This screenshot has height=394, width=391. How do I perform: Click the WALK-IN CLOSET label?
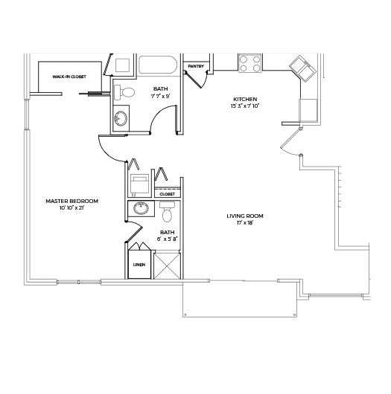[x=69, y=77]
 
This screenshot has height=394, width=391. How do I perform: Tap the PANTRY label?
[x=196, y=66]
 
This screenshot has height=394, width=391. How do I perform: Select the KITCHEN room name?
[x=245, y=100]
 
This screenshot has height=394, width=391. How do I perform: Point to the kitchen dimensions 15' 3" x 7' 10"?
[x=245, y=106]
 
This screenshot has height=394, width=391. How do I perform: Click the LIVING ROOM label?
[x=245, y=216]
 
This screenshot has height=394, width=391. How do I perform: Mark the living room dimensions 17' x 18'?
[x=245, y=222]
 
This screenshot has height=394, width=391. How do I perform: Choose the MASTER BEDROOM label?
[x=71, y=201]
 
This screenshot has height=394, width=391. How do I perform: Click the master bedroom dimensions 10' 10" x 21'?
[x=71, y=208]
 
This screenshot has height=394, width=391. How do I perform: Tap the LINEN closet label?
[x=139, y=265]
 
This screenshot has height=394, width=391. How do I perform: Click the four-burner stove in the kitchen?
[x=249, y=63]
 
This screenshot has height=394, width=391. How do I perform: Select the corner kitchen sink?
[x=302, y=68]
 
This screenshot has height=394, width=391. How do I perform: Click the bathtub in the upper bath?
[x=158, y=65]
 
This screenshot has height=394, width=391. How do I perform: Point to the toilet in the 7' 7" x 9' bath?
[x=124, y=92]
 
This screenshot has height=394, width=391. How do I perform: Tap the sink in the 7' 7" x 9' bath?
[x=121, y=118]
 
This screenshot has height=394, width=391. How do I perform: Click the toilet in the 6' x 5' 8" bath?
[x=167, y=212]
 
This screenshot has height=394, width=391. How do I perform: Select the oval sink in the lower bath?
[x=141, y=208]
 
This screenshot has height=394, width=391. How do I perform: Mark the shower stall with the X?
[x=167, y=266]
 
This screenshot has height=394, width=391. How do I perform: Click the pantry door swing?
[x=199, y=80]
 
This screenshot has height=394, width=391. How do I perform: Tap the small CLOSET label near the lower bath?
[x=167, y=194]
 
